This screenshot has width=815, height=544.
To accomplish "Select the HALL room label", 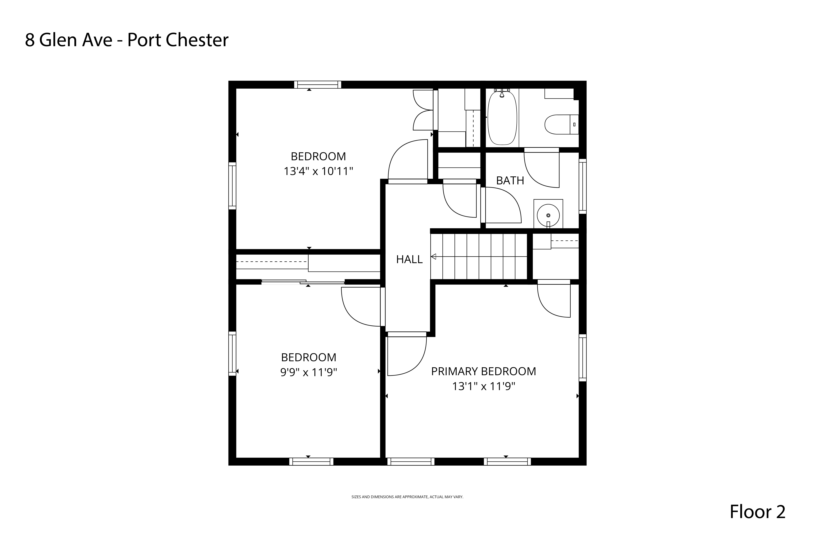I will click(409, 259).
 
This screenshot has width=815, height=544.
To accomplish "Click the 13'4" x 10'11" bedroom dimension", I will click(318, 171).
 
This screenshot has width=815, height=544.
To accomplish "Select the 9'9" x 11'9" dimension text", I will click(308, 372).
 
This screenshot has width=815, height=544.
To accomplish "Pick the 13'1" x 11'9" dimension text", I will click(483, 386).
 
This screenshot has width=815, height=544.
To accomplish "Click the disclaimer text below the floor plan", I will click(407, 497).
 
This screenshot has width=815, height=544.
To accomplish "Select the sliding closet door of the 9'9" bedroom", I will click(303, 282).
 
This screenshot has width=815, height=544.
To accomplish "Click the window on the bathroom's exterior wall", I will click(582, 186).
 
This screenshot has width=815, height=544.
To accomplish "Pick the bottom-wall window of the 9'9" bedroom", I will click(311, 461).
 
